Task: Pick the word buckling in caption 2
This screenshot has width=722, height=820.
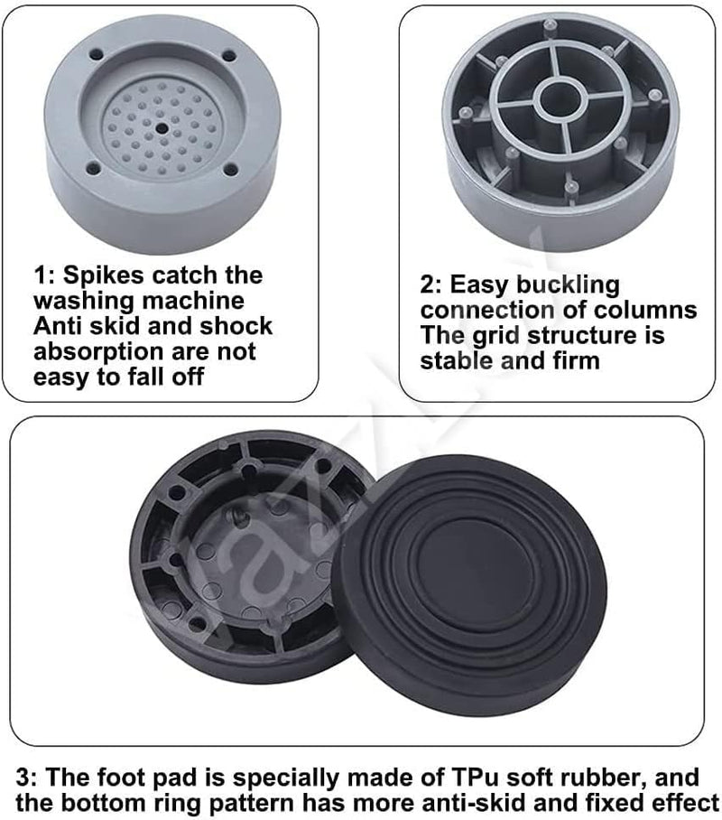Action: click(568, 285)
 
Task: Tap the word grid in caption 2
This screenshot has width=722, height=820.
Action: click(496, 336)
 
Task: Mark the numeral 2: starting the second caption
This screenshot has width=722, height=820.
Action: click(432, 285)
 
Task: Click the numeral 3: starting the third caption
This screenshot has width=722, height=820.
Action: click(26, 778)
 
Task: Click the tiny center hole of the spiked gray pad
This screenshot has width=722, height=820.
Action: click(162, 127)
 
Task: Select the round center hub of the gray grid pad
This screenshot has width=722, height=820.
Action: click(560, 99)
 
